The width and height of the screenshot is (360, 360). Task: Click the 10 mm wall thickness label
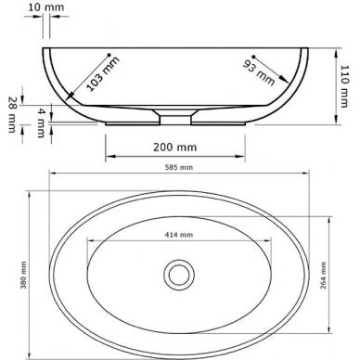tap(46, 7)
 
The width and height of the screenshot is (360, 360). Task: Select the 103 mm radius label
tap(103, 74)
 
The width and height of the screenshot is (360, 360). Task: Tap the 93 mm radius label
tap(259, 72)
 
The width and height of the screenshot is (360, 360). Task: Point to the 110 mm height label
tap(344, 86)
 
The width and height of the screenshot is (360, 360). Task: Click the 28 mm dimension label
tap(12, 115)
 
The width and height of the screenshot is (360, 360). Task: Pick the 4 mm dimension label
tap(41, 122)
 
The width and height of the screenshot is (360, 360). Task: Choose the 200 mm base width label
tap(175, 147)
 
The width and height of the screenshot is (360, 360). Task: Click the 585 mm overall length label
tap(179, 167)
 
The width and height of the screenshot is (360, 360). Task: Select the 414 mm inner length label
tap(178, 235)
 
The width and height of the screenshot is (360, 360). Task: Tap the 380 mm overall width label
tap(24, 276)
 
